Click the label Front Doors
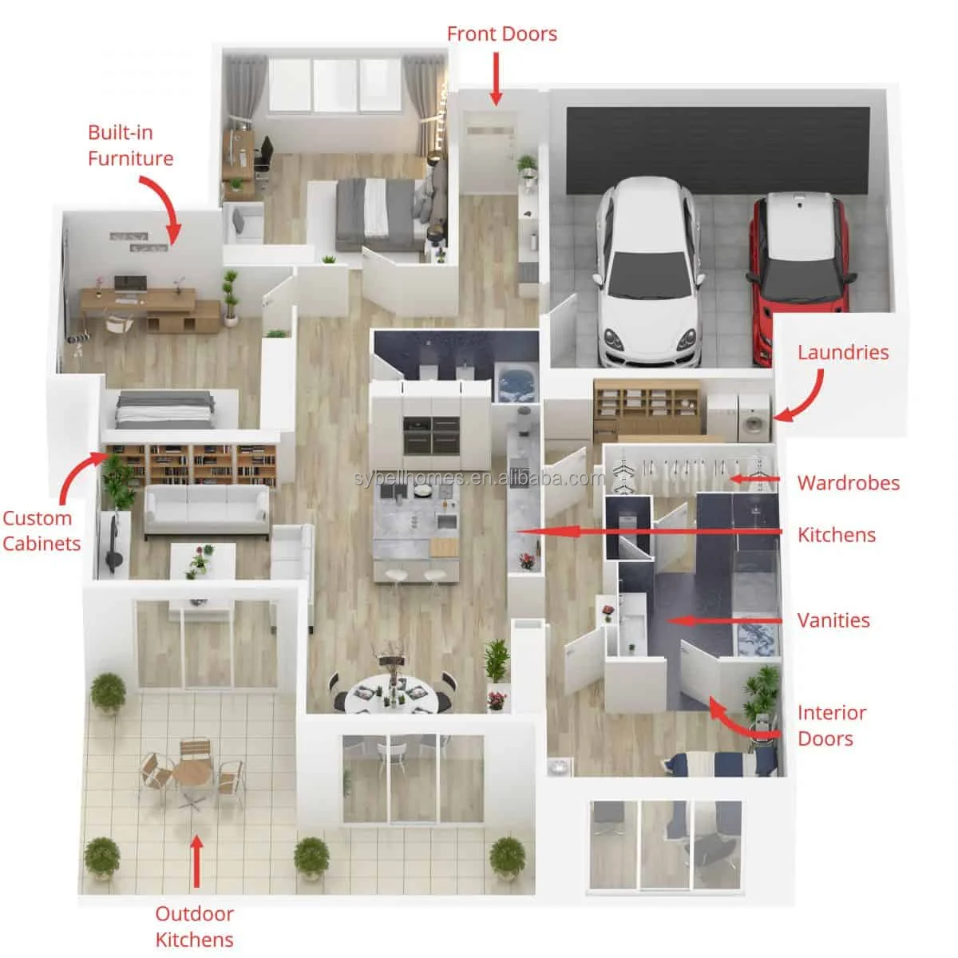pos(501,34)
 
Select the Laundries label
pos(843,352)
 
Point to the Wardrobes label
pos(848,483)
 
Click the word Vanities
pos(833,620)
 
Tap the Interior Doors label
pos(832,726)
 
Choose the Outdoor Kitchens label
pos(194,927)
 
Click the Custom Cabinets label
pos(42,531)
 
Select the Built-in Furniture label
pos(130,145)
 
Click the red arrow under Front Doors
pos(496,78)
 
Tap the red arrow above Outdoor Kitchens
pos(197,861)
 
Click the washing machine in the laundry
pos(753,418)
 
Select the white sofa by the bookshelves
pos(207,510)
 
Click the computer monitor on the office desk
pos(130,284)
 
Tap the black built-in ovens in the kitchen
pos(432,436)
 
